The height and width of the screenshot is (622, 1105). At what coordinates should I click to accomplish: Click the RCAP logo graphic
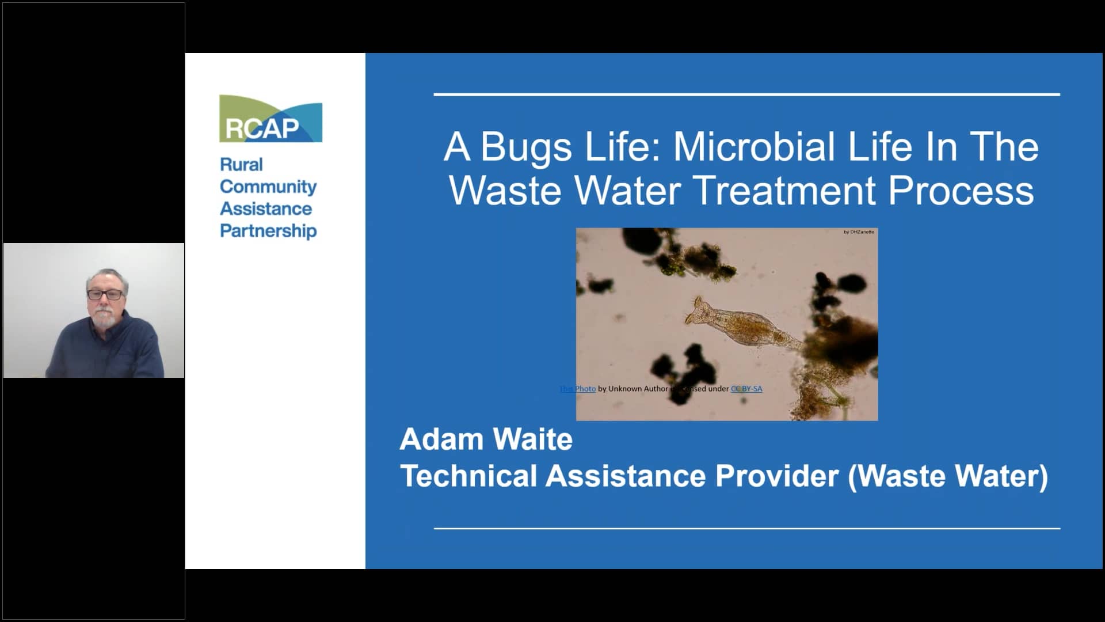coord(270,119)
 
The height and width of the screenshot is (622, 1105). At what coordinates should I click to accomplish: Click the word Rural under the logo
coord(241,165)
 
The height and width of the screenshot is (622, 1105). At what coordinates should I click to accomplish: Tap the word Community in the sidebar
coord(268,187)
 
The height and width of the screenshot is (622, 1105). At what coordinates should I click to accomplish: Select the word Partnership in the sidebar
coord(268,231)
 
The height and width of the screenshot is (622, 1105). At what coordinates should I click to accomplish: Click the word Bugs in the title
coord(526,147)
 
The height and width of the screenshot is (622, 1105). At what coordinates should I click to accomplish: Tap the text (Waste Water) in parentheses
coord(948,476)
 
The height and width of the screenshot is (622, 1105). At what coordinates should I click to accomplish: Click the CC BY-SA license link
coord(746,389)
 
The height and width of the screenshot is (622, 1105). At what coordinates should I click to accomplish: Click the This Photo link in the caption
coord(578,389)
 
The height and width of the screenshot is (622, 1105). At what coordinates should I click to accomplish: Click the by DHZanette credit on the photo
coord(859,232)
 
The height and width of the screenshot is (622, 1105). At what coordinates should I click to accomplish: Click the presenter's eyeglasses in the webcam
coord(105,294)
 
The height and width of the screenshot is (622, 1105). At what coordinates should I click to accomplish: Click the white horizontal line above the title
coord(746,94)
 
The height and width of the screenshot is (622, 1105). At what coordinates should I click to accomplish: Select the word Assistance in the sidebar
coord(266,208)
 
